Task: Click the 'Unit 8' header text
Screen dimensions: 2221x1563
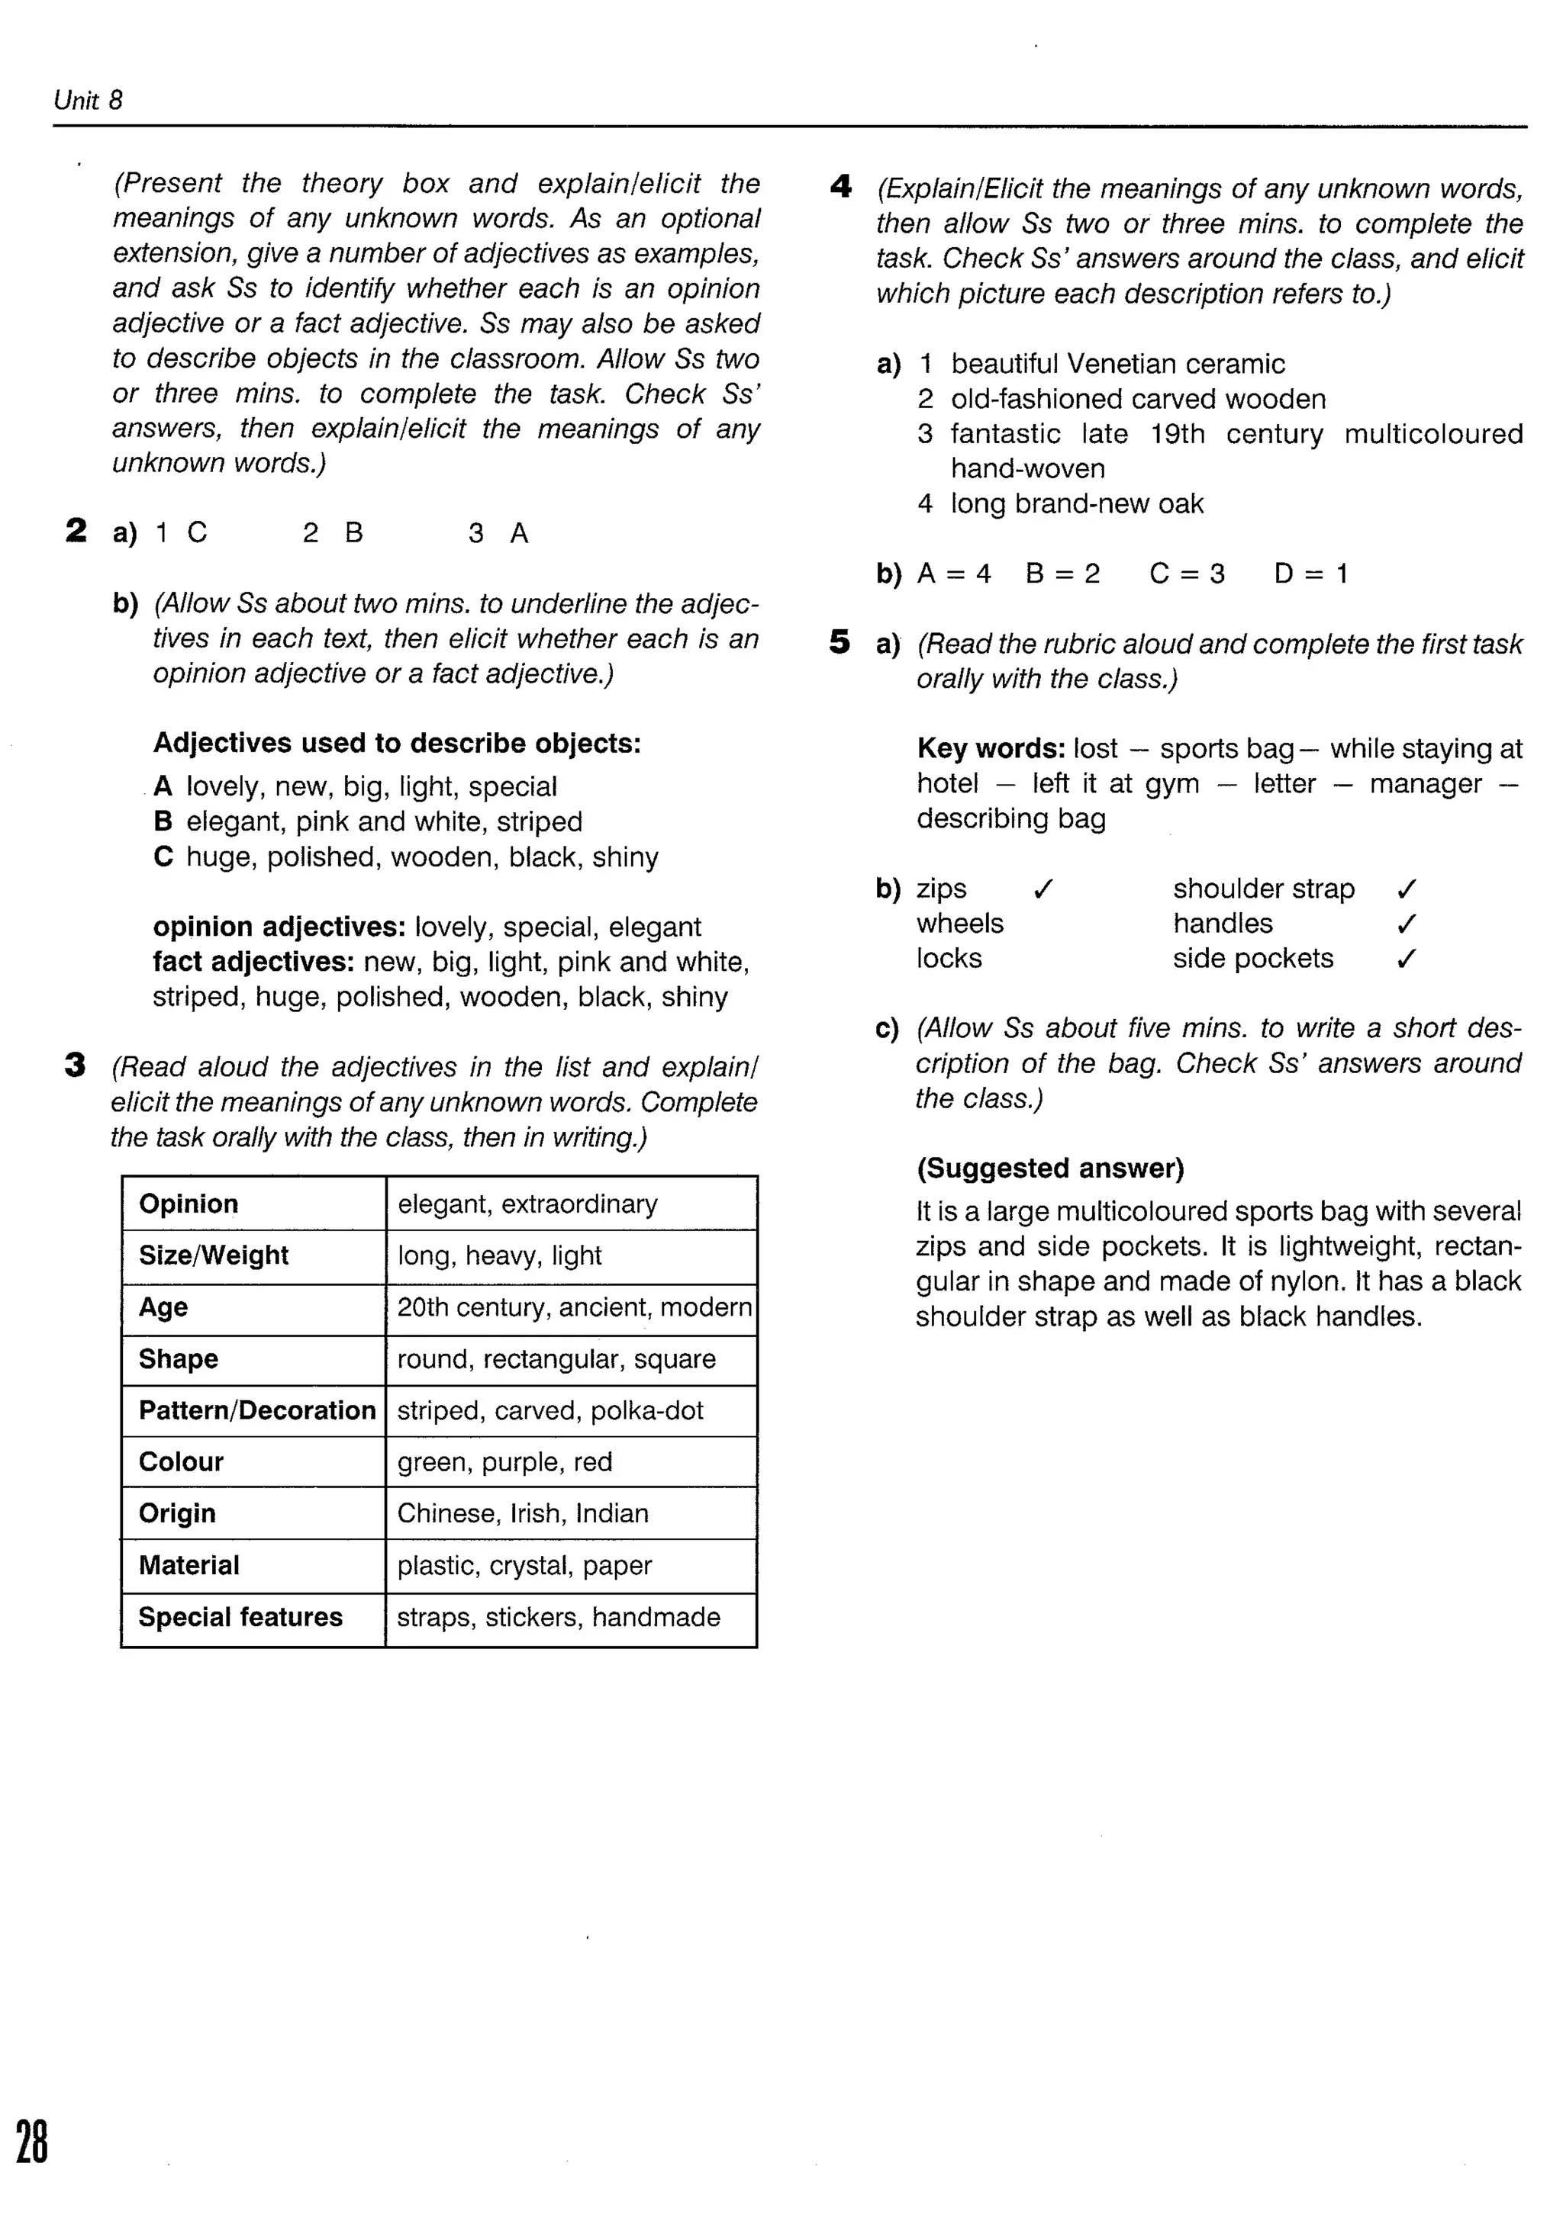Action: coord(88,101)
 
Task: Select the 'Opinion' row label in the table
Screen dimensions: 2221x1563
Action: coord(189,1204)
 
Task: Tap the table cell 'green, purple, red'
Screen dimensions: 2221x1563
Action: coord(504,1461)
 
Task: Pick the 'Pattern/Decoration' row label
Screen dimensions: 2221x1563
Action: coord(256,1409)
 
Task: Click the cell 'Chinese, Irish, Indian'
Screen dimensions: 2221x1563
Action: coord(523,1513)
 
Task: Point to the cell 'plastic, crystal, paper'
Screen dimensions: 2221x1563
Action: coord(524,1564)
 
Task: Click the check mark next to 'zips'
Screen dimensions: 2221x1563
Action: coord(1043,888)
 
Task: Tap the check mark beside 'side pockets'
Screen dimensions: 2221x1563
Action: coord(1407,958)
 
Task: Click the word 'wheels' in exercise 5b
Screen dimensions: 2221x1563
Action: coord(959,923)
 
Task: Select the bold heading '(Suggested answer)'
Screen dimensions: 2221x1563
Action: coord(1050,1168)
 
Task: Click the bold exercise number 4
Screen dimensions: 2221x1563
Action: coord(840,186)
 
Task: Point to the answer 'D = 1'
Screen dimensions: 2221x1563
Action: coord(1310,574)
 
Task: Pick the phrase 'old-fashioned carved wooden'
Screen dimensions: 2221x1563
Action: coord(1137,399)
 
